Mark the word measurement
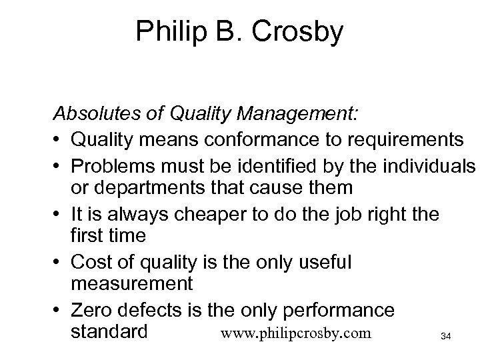point(131,284)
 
